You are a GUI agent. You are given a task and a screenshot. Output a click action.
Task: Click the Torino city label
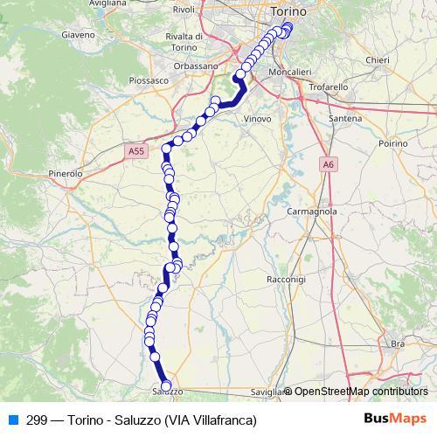coord(288,11)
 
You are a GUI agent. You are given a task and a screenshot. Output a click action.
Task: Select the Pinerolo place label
coord(66,173)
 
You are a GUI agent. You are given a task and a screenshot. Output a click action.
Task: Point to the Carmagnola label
coord(311,212)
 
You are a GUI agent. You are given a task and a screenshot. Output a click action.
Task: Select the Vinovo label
coord(257,118)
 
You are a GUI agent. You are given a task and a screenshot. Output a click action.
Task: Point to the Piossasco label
coord(147,80)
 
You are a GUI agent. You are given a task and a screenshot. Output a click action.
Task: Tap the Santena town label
coord(345,118)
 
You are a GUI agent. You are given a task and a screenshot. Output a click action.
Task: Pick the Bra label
coord(398,344)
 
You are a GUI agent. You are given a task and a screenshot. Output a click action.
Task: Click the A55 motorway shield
coord(135,150)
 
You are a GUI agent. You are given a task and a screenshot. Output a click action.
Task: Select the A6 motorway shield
coord(328,163)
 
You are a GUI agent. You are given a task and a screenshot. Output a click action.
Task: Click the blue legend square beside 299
coord(13,420)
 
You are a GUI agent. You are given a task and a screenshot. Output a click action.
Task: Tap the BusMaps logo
coord(395,419)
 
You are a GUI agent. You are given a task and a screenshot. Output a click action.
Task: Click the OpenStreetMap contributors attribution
coord(360,392)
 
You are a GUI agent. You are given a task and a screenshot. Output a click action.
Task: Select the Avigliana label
coord(107,3)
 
